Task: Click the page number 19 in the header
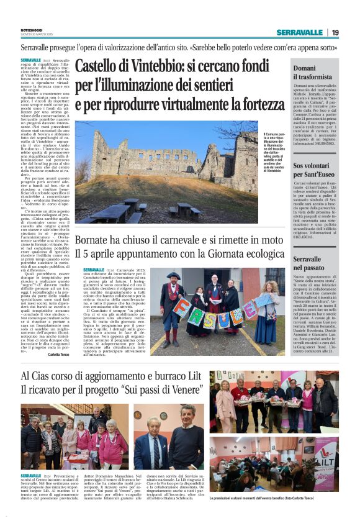pos(335,32)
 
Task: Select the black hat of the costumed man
pos(172,276)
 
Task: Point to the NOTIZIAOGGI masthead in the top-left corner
pos(31,30)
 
